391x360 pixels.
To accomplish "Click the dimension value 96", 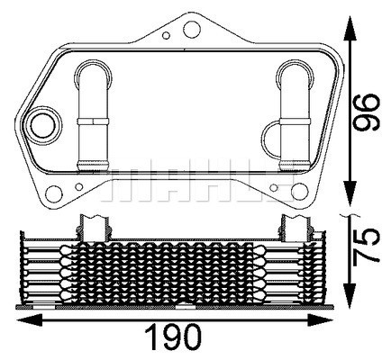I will coord(364,112).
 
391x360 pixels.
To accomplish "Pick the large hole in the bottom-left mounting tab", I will coord(51,192).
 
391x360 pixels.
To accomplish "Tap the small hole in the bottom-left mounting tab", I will coord(79,189).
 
